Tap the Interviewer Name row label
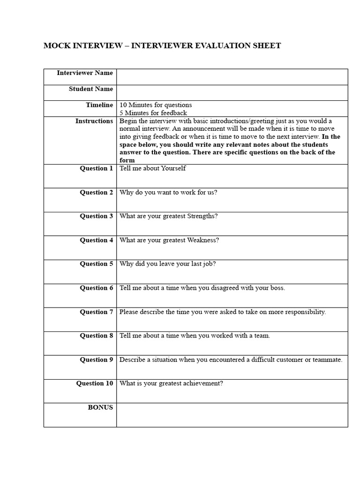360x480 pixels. pyautogui.click(x=85, y=73)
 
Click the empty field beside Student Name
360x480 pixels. pyautogui.click(x=232, y=92)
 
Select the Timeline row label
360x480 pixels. pyautogui.click(x=99, y=105)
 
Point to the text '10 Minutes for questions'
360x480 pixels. pyautogui.click(x=156, y=105)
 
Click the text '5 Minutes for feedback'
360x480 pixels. pyautogui.click(x=153, y=113)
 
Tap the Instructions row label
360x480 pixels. pyautogui.click(x=94, y=121)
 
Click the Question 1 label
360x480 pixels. pyautogui.click(x=96, y=168)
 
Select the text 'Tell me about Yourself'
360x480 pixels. pyautogui.click(x=153, y=168)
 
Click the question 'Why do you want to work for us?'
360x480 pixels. pyautogui.click(x=168, y=192)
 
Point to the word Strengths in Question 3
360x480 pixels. pyautogui.click(x=202, y=216)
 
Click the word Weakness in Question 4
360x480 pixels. pyautogui.click(x=203, y=240)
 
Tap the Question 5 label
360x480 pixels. pyautogui.click(x=96, y=264)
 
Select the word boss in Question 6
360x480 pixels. pyautogui.click(x=276, y=288)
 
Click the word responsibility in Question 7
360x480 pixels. pyautogui.click(x=303, y=312)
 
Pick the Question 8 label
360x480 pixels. pyautogui.click(x=96, y=336)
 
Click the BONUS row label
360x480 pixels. pyautogui.click(x=100, y=407)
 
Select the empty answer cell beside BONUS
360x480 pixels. pyautogui.click(x=232, y=415)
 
